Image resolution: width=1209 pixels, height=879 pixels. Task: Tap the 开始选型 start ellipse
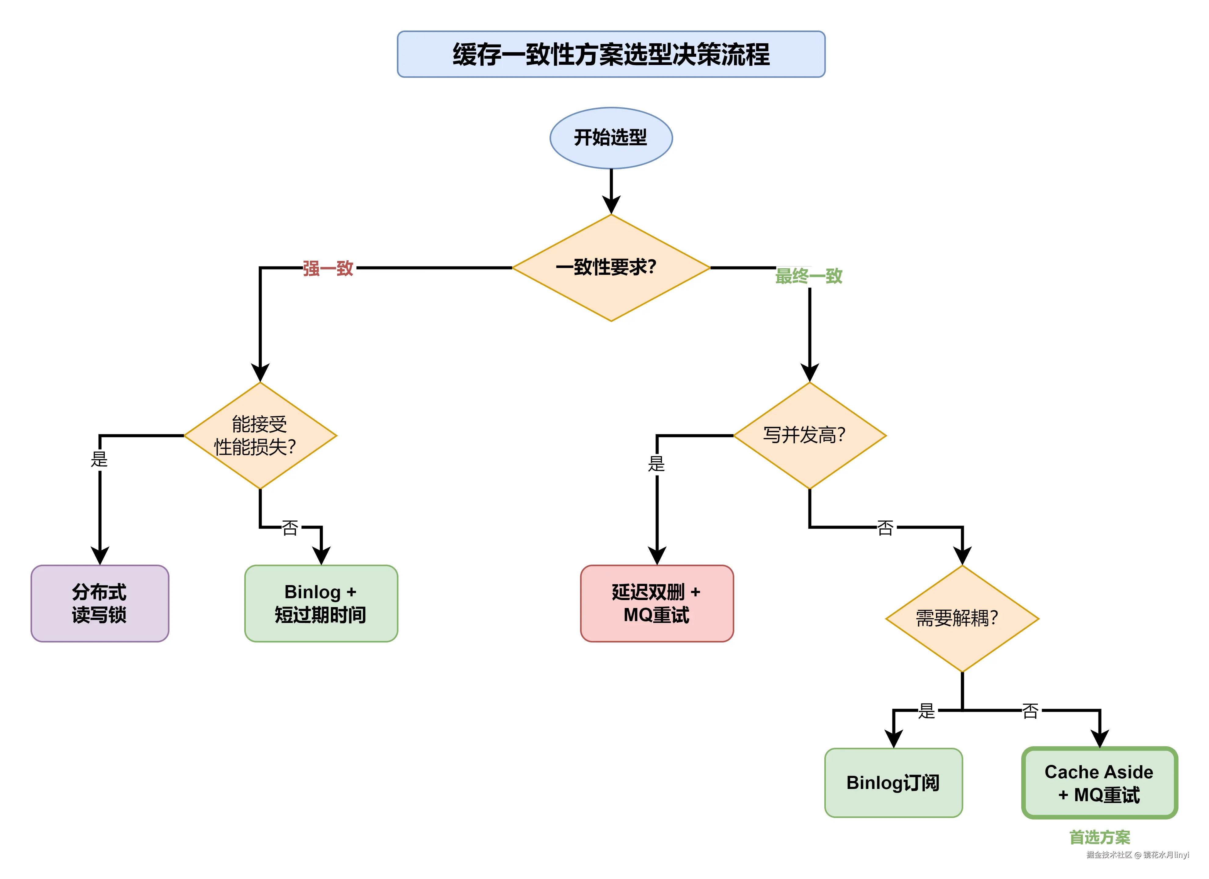(611, 138)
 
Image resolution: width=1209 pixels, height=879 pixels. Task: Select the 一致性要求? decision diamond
(611, 268)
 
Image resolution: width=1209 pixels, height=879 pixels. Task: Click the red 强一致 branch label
(328, 268)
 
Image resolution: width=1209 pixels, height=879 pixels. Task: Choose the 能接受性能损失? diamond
(260, 436)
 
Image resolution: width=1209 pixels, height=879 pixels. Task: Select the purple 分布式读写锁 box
(100, 603)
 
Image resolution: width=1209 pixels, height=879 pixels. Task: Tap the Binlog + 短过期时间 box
(321, 603)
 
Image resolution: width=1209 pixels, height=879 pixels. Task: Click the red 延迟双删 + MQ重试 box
(657, 603)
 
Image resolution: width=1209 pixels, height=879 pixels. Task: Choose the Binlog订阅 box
(893, 783)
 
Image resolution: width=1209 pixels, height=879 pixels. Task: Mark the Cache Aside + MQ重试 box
(1099, 783)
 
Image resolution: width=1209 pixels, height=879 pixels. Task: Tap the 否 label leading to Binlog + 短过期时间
(290, 528)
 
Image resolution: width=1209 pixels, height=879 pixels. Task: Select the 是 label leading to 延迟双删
(657, 464)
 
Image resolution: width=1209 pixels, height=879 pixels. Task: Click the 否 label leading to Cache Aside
(1030, 711)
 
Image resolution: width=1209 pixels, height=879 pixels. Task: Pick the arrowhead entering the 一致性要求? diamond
(611, 205)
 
